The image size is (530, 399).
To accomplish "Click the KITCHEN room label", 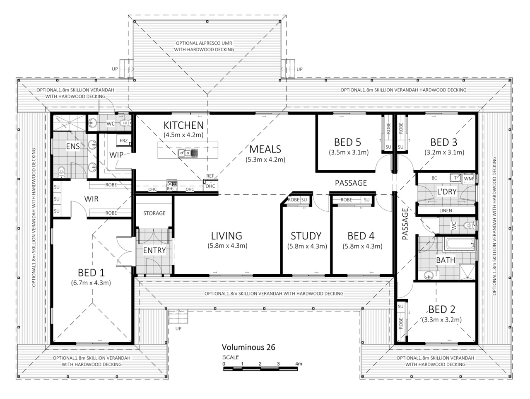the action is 183,126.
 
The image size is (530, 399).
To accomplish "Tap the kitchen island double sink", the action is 188,153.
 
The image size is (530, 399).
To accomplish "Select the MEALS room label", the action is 265,149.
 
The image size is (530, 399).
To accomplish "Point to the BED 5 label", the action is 347,142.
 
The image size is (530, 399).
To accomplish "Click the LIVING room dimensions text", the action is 227,246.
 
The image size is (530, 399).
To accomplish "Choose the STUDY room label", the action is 306,236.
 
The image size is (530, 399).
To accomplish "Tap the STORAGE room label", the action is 154,213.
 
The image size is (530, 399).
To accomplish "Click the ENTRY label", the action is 154,250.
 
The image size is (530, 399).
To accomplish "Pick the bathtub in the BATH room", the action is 461,244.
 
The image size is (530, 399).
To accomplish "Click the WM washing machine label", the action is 468,179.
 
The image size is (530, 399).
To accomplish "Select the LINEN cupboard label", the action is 446,210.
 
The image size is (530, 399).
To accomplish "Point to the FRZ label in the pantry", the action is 124,140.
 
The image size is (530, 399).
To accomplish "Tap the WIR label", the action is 91,199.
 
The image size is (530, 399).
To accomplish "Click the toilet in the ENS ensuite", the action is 62,172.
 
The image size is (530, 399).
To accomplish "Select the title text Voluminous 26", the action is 248,347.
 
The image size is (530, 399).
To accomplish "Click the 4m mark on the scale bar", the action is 299,364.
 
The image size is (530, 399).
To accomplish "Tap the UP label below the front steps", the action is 178,329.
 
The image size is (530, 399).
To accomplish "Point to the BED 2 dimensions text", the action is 442,320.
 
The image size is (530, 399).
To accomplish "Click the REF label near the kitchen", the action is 210,176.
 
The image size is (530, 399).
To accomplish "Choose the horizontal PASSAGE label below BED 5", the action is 351,183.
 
